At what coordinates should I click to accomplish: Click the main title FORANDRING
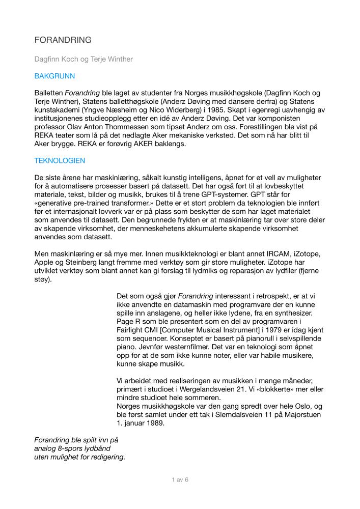click(x=63, y=40)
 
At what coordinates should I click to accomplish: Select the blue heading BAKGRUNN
click(x=54, y=76)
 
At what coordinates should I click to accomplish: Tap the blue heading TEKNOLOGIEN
click(x=60, y=161)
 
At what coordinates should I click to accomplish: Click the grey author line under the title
click(x=84, y=60)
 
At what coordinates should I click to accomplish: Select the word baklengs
click(x=171, y=144)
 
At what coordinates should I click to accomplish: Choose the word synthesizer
click(x=292, y=313)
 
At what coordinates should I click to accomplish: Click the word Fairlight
click(x=133, y=330)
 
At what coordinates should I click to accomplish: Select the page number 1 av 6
click(x=180, y=480)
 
